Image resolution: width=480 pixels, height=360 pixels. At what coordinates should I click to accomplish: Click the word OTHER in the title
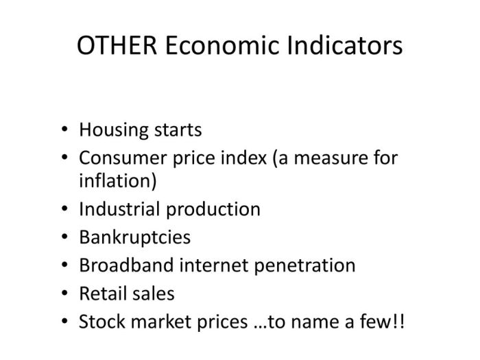point(117,45)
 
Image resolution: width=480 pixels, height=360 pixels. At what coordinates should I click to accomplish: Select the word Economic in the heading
point(222,45)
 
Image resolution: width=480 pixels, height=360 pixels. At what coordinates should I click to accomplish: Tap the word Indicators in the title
point(345,45)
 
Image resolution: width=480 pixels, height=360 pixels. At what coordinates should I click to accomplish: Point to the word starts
point(178,130)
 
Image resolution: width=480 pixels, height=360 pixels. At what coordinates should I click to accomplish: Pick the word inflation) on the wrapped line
point(118,180)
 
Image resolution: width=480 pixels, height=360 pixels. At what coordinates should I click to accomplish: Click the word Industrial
point(120,209)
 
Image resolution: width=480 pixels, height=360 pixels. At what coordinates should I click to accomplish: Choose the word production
point(213,210)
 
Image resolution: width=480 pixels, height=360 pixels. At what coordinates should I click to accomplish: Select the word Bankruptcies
point(134,238)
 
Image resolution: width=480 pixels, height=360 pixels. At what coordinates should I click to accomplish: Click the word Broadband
point(126,265)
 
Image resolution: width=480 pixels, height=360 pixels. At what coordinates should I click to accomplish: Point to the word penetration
point(305,266)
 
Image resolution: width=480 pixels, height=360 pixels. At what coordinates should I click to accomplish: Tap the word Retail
point(103,293)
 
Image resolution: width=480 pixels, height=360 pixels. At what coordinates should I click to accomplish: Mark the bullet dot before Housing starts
point(64,129)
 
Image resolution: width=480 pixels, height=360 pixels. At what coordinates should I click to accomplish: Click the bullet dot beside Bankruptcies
point(64,237)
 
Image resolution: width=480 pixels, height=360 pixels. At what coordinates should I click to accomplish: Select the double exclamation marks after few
point(398,322)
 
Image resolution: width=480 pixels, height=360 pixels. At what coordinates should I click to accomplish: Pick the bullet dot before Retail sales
point(64,293)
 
